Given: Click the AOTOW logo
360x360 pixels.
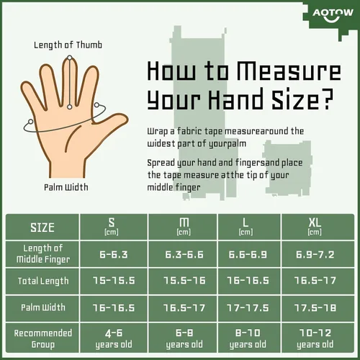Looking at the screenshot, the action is point(333,14).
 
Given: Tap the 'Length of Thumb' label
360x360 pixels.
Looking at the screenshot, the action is point(68,45).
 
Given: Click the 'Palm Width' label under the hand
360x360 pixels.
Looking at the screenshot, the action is point(66,187).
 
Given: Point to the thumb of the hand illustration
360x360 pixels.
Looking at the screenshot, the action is point(109,123).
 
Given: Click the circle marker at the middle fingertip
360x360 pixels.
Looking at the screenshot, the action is point(70,58).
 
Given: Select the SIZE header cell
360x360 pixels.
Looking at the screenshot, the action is point(42,227).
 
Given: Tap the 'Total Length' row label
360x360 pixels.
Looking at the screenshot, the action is point(43,281).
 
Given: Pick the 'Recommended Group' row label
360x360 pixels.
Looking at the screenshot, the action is point(43,338).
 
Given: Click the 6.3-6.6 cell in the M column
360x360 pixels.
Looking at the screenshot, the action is point(184,254).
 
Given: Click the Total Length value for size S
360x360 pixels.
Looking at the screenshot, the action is point(114,281).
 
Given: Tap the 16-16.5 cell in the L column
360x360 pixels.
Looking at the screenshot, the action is point(248,281).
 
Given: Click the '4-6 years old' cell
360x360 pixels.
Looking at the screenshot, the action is point(114,338).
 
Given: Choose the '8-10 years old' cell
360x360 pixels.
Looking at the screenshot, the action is point(248,338).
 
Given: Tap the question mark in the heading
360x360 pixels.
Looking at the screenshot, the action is point(327,99).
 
